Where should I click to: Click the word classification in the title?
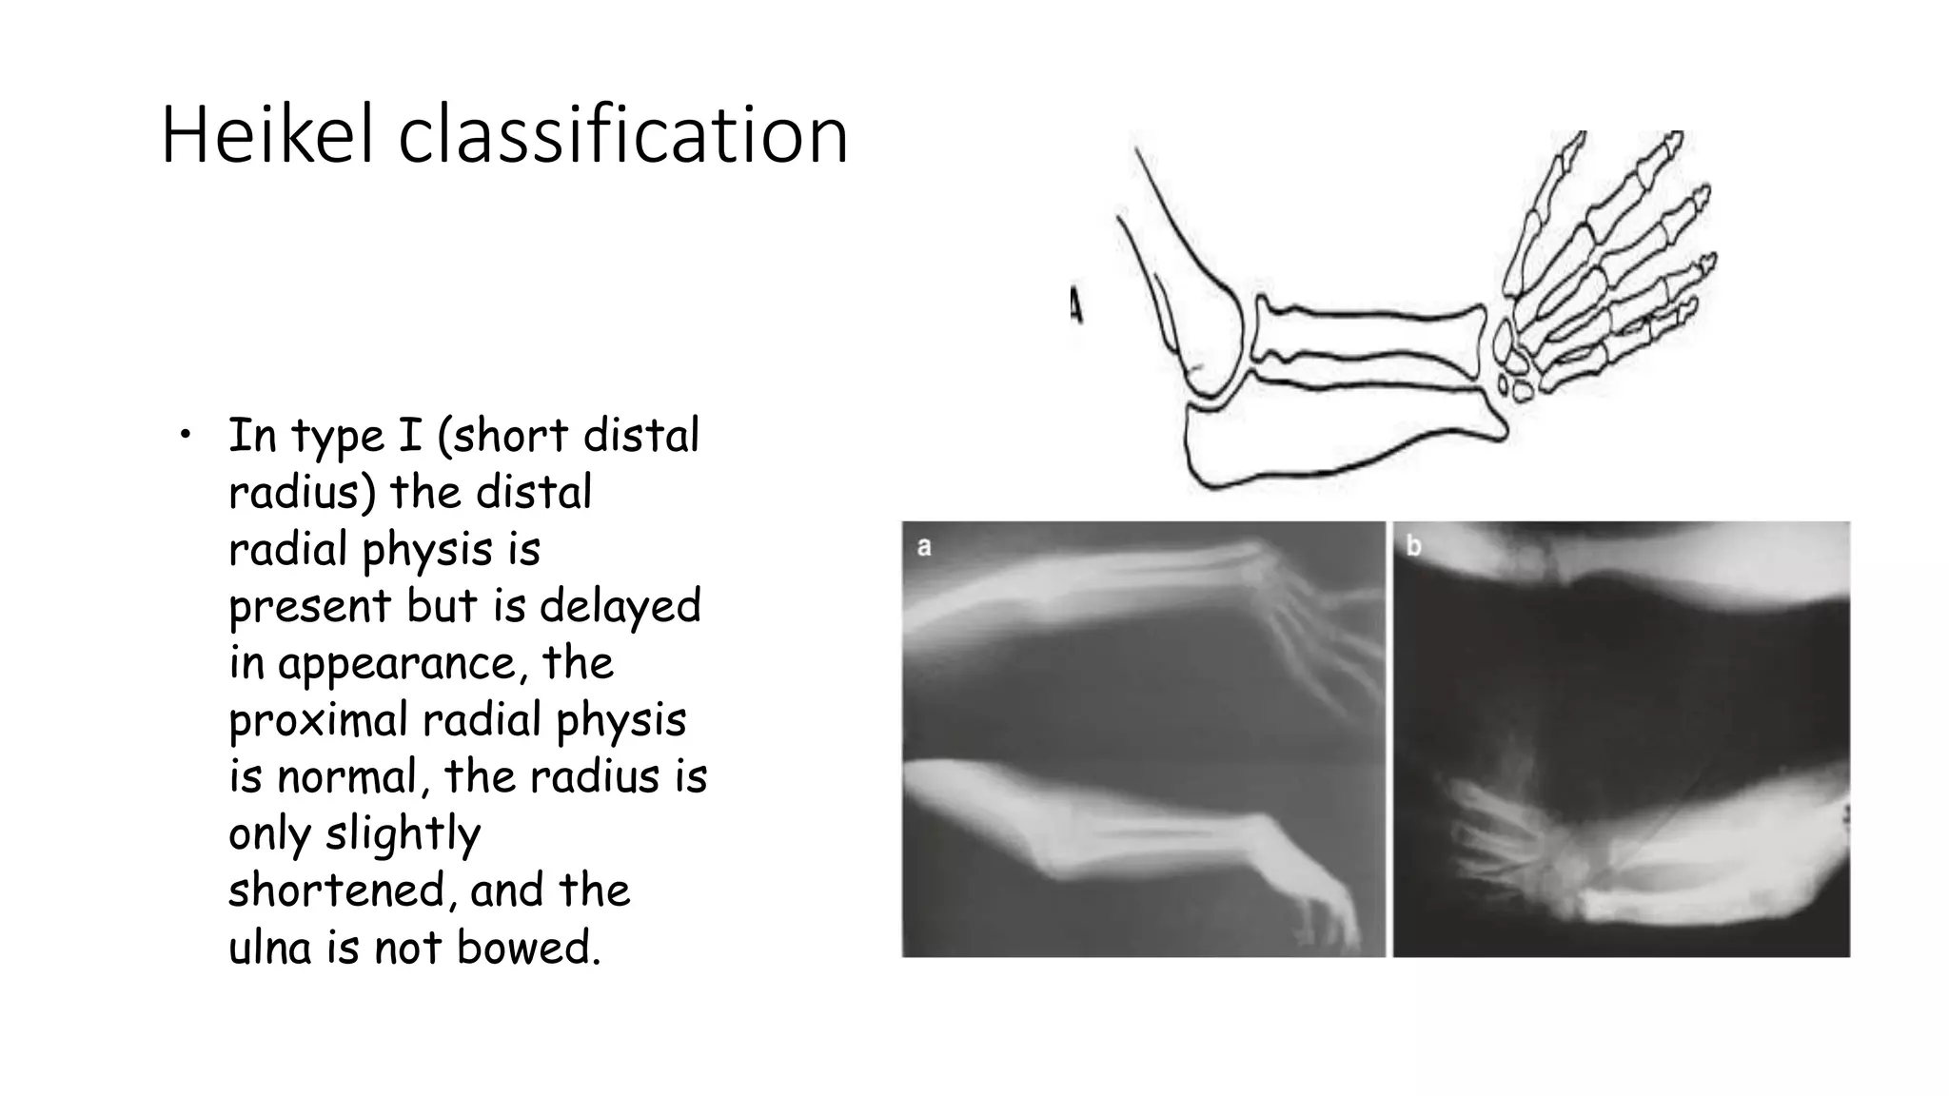(622, 136)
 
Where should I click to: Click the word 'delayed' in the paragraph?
(620, 606)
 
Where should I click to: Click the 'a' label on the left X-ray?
(923, 547)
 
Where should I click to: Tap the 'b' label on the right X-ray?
(1414, 546)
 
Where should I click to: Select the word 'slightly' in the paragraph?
(403, 834)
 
